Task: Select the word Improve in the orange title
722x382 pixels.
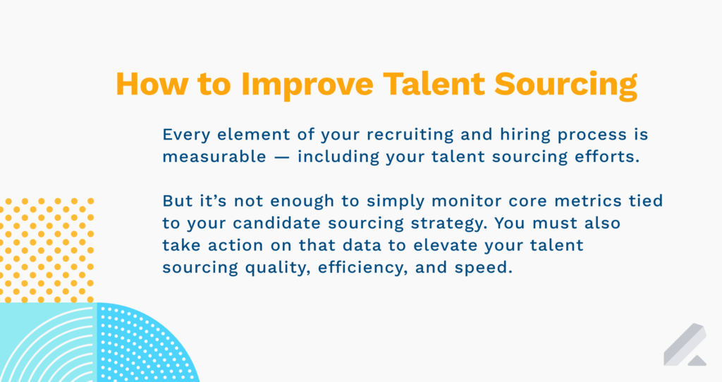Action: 307,85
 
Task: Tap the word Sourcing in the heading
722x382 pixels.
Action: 566,85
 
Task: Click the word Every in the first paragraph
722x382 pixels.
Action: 186,135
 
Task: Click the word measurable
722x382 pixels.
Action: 214,156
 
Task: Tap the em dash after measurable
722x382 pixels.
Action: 281,157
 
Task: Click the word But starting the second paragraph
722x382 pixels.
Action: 177,201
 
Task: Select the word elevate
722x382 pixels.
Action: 445,245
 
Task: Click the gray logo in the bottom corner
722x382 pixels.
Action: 685,345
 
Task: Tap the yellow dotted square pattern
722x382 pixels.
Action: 47,250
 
